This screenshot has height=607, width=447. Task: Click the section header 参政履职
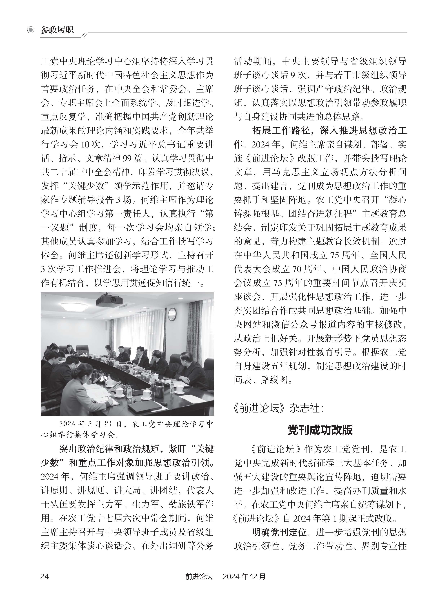tap(57, 30)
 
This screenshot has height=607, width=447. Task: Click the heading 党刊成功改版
tap(320, 430)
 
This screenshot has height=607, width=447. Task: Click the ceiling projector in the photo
tap(109, 301)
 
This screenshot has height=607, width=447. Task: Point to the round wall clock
tap(172, 314)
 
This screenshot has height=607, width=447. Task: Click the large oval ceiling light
tap(74, 306)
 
